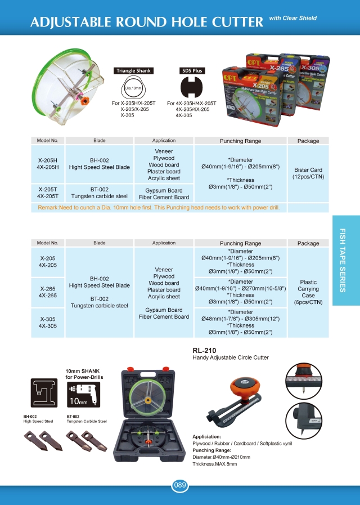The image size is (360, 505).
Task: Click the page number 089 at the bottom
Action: coord(179,485)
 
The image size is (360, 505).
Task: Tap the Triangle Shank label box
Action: coord(134,71)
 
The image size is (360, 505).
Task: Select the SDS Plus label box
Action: coord(191,71)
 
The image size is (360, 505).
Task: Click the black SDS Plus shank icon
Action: coord(191,88)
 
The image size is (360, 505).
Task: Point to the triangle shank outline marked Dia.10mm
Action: coord(134,88)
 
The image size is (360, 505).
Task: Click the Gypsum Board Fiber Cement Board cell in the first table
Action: coord(164,194)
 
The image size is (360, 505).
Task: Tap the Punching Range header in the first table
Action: coord(240,141)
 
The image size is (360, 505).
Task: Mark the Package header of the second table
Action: coord(308,243)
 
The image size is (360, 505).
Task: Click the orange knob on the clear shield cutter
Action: coord(85,100)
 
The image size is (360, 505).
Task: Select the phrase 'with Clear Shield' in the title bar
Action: coord(292,19)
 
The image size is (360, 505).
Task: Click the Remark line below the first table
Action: coord(158,208)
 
